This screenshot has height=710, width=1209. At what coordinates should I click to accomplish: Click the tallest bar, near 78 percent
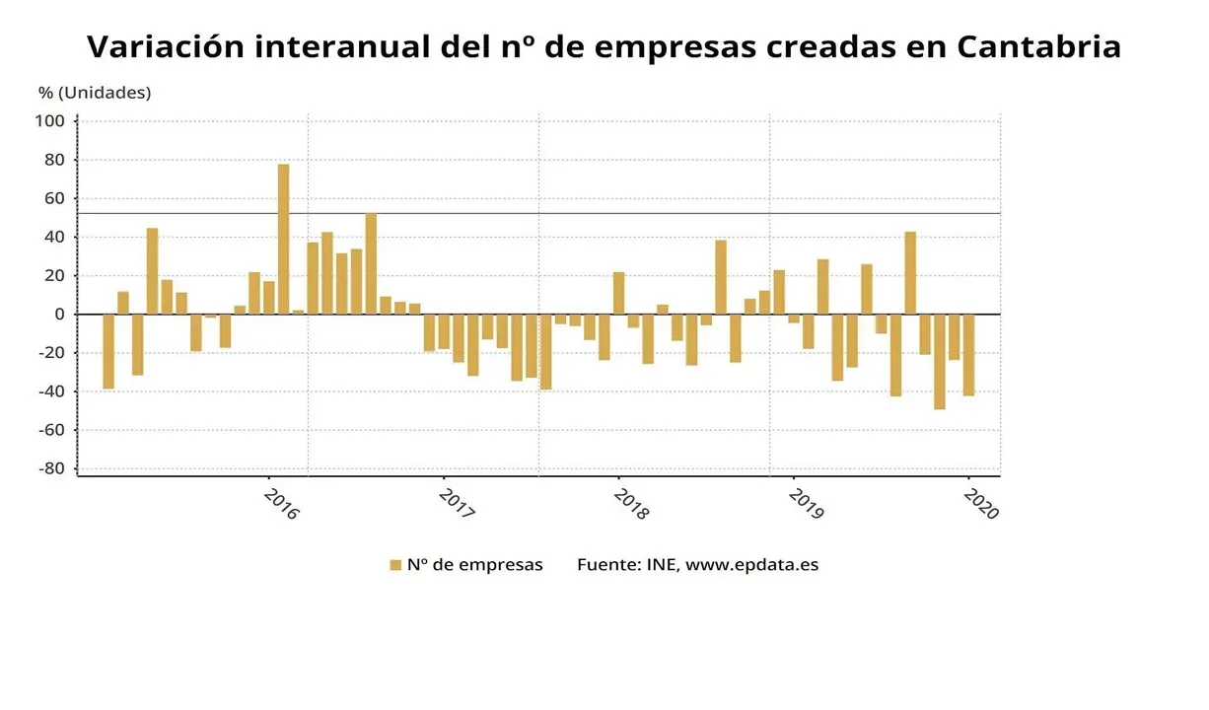click(283, 239)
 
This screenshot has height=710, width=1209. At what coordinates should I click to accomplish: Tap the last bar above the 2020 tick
click(968, 355)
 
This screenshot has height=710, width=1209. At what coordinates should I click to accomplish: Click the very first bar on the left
click(108, 351)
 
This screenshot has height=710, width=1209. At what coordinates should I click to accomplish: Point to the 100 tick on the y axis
click(49, 121)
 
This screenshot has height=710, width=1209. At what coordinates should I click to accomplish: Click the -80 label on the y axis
click(51, 468)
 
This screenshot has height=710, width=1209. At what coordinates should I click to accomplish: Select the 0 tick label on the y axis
click(58, 315)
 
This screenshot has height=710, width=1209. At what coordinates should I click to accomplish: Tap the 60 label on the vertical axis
click(53, 198)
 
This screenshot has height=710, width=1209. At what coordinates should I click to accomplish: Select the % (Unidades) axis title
click(95, 93)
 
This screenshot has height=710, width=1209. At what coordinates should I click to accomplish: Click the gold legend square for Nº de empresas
click(395, 565)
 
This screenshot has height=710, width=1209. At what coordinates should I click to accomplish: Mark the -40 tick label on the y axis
click(51, 391)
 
